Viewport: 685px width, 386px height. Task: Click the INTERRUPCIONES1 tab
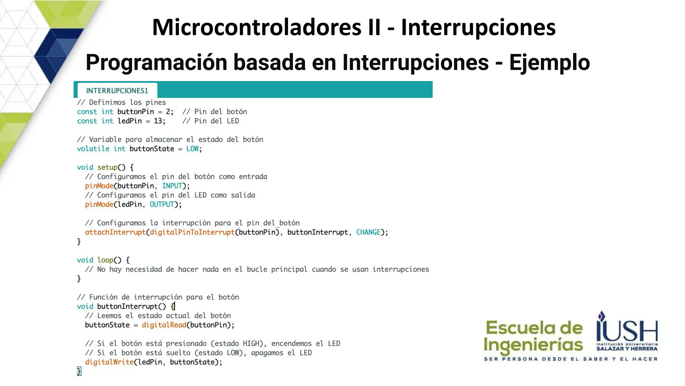pyautogui.click(x=117, y=90)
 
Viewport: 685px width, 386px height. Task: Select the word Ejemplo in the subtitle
pyautogui.click(x=549, y=63)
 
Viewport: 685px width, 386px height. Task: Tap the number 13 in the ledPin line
pyautogui.click(x=158, y=121)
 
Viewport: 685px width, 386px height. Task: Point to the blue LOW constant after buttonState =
pyautogui.click(x=192, y=149)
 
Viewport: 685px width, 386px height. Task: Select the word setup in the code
pyautogui.click(x=107, y=167)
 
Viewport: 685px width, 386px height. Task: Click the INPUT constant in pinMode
pyautogui.click(x=172, y=186)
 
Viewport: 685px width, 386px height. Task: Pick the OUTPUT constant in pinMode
pyautogui.click(x=162, y=204)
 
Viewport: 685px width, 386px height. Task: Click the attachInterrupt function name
pyautogui.click(x=115, y=232)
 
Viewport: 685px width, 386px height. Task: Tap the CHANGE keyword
pyautogui.click(x=368, y=232)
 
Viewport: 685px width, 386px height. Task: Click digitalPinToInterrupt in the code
pyautogui.click(x=192, y=232)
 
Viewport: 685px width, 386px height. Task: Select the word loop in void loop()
pyautogui.click(x=105, y=260)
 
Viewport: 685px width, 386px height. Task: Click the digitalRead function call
pyautogui.click(x=164, y=325)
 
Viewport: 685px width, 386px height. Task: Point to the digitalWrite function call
pyautogui.click(x=109, y=362)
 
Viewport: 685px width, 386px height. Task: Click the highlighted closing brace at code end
pyautogui.click(x=79, y=371)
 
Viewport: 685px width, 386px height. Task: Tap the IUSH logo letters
pyautogui.click(x=627, y=330)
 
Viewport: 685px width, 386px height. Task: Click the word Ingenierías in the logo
pyautogui.click(x=533, y=345)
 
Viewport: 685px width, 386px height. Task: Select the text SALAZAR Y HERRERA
pyautogui.click(x=627, y=349)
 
